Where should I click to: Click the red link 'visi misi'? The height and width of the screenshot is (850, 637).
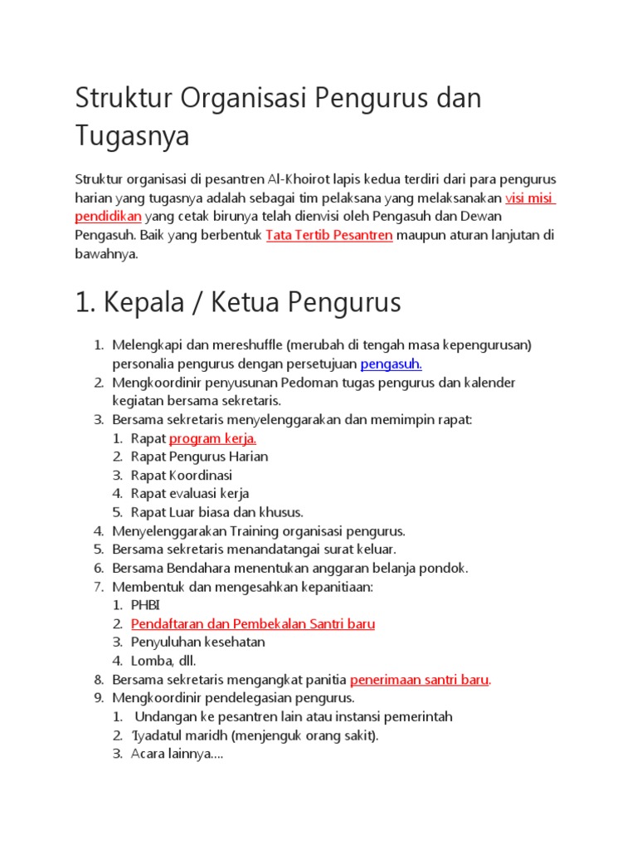point(529,198)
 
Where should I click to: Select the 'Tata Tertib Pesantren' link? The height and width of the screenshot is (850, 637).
point(328,236)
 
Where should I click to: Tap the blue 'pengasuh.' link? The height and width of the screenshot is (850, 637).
point(391,364)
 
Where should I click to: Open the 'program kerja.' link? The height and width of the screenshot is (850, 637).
point(212,438)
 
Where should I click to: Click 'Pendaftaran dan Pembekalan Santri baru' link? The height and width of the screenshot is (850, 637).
point(253,623)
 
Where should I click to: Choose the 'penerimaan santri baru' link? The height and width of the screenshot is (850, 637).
point(420,679)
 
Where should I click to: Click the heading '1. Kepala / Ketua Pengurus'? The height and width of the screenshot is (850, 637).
point(238,303)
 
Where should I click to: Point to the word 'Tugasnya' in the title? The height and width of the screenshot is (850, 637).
point(132,135)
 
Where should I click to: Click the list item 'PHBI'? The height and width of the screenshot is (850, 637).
point(146,605)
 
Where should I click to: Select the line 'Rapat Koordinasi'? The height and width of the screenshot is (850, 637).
point(182,476)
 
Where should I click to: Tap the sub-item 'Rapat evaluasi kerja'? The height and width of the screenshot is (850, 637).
point(190,494)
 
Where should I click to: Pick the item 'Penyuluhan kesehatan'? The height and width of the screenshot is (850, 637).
point(198,642)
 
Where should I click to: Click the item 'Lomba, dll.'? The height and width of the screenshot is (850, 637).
point(163,661)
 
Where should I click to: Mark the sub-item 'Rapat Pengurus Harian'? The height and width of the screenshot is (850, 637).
point(199,457)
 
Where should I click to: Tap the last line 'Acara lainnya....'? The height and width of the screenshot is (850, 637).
point(177,754)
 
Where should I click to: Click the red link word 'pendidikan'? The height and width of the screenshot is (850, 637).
point(109,217)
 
